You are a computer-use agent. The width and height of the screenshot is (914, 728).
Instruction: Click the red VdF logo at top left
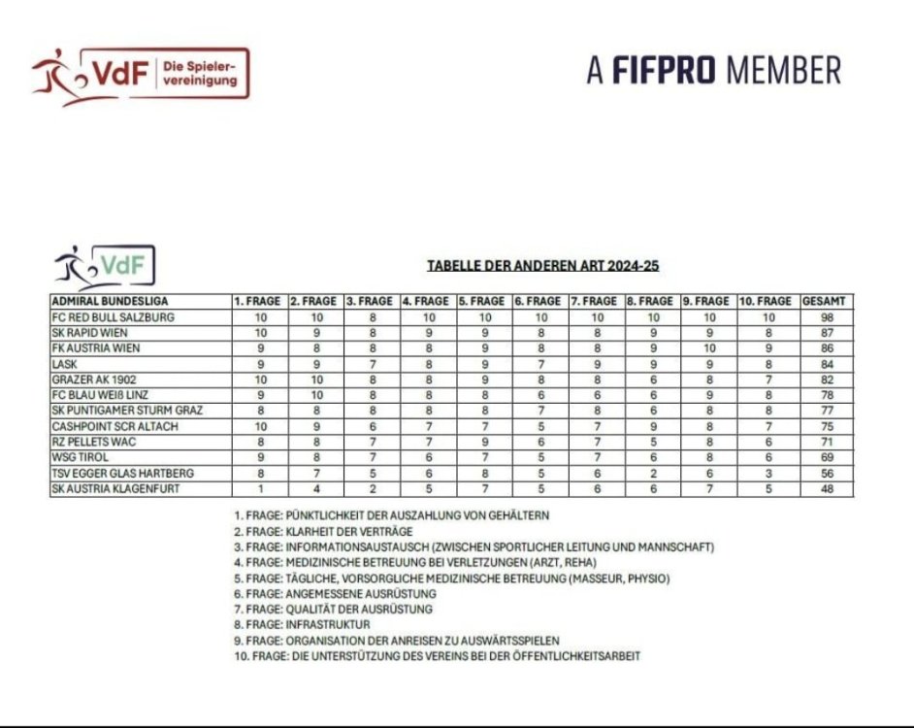click(140, 73)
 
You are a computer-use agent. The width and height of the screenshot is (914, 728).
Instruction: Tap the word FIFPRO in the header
click(666, 70)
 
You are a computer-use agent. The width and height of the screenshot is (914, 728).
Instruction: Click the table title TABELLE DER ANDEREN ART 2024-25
click(543, 266)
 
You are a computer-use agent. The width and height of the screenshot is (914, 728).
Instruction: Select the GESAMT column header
click(826, 301)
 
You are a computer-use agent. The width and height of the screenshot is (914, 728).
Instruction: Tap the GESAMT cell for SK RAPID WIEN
click(826, 332)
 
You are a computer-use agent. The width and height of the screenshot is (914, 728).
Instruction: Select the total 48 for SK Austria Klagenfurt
click(826, 488)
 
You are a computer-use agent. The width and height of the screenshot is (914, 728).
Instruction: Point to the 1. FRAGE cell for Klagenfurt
click(260, 488)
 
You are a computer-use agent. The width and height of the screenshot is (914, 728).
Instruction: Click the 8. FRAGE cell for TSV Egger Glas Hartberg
click(653, 473)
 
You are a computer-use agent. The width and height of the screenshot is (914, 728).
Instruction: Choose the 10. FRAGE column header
click(768, 301)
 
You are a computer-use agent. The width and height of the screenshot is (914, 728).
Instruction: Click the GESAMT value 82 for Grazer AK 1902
click(826, 379)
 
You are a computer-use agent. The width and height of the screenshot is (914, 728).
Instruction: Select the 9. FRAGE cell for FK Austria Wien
click(709, 347)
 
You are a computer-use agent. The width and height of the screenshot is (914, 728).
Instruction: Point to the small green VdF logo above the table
click(105, 266)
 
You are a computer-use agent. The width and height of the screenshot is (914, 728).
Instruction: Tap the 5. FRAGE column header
click(484, 301)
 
